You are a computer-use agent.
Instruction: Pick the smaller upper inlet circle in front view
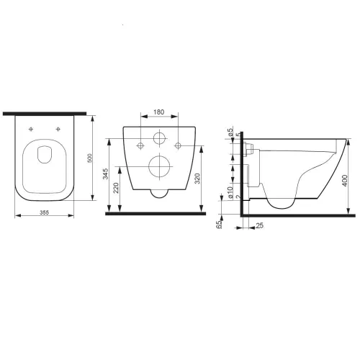click(159, 139)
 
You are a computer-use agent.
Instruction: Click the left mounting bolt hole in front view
click(136, 148)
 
